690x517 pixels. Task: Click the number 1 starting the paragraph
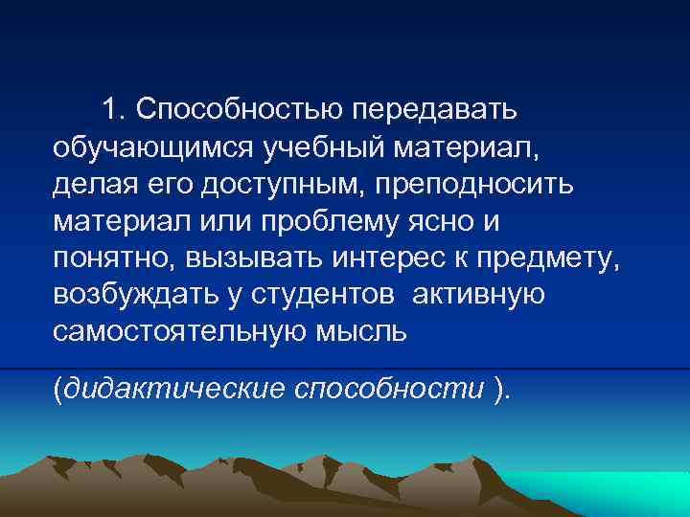pos(113,110)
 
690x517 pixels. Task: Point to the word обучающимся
pos(150,148)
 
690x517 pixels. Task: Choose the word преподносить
pos(475,185)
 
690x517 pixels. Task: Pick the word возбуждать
pos(131,294)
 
